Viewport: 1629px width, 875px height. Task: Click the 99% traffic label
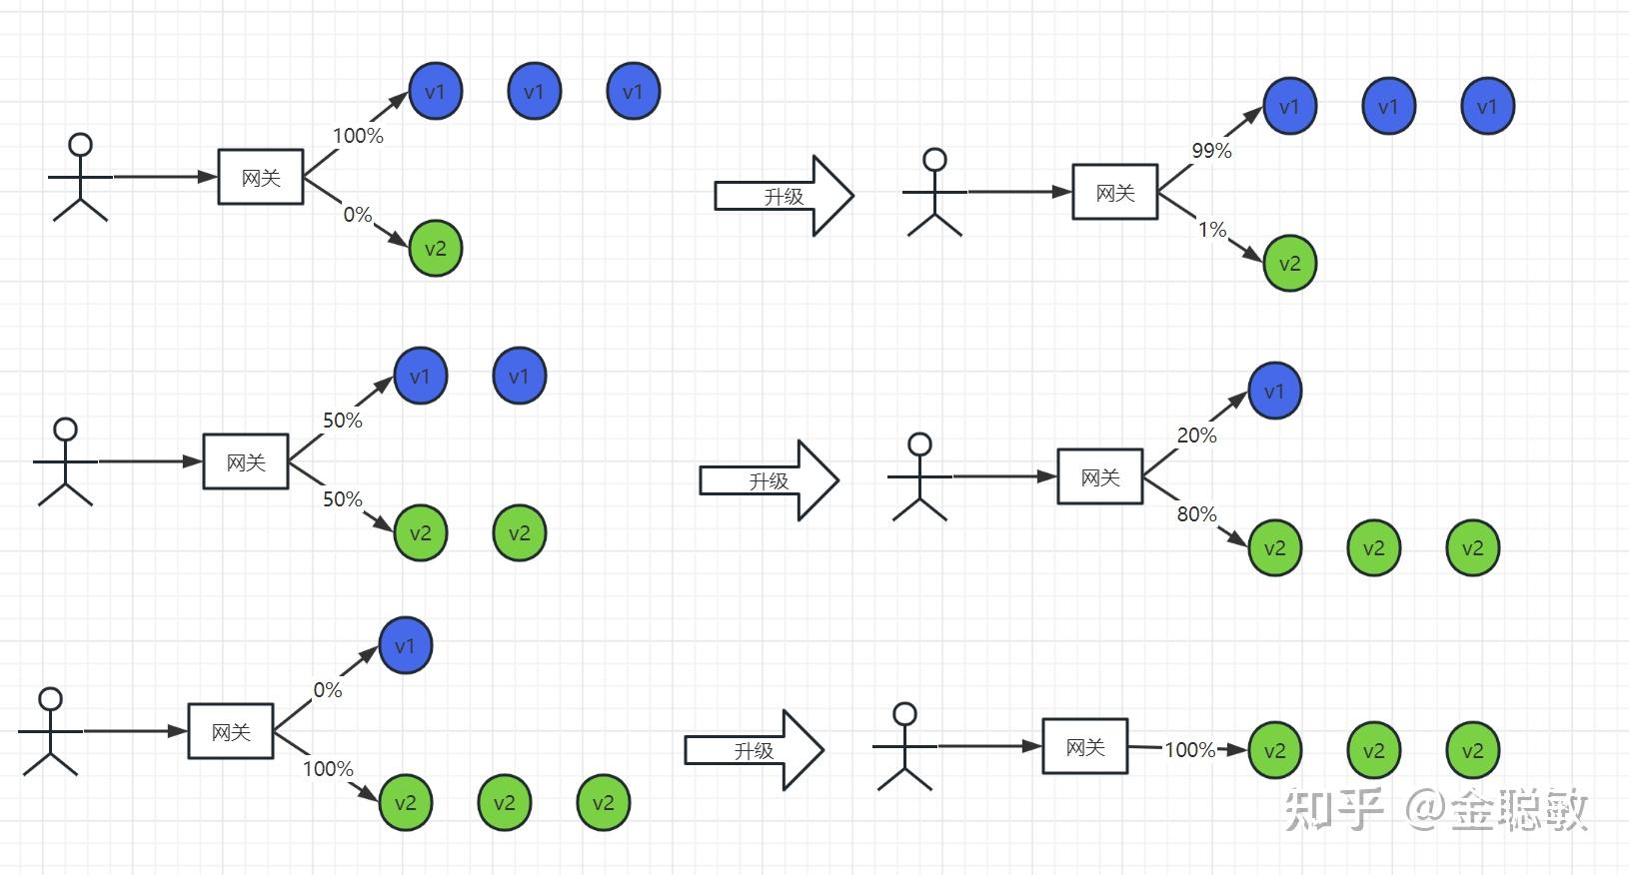pos(1211,151)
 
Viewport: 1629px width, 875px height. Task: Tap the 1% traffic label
pos(1212,230)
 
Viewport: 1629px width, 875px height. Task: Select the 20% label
pos(1196,436)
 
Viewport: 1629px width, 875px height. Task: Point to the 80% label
pos(1196,514)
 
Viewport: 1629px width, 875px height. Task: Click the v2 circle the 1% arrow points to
pos(1289,263)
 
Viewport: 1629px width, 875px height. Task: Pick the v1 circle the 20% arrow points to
pos(1275,391)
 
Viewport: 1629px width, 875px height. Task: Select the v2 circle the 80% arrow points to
pos(1275,548)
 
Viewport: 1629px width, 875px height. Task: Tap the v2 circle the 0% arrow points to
pos(435,249)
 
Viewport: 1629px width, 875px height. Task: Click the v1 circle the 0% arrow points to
pos(405,645)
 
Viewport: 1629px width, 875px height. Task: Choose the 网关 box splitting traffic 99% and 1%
pos(1115,192)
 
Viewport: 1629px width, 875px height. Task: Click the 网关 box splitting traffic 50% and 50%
pos(246,461)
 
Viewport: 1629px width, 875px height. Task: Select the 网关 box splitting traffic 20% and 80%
pos(1099,476)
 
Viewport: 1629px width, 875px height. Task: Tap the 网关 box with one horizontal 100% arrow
pos(1085,746)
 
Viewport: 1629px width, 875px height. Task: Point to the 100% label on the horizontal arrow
pos(1189,750)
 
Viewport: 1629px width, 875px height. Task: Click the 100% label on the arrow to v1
pos(358,136)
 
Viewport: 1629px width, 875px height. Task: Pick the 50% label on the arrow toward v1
pos(343,421)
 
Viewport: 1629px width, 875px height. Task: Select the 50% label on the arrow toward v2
pos(343,499)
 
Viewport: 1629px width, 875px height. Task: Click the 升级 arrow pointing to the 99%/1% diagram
pos(784,196)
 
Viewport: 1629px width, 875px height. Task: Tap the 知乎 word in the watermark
pos(1333,809)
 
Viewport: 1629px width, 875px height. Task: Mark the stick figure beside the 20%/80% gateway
pos(920,476)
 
